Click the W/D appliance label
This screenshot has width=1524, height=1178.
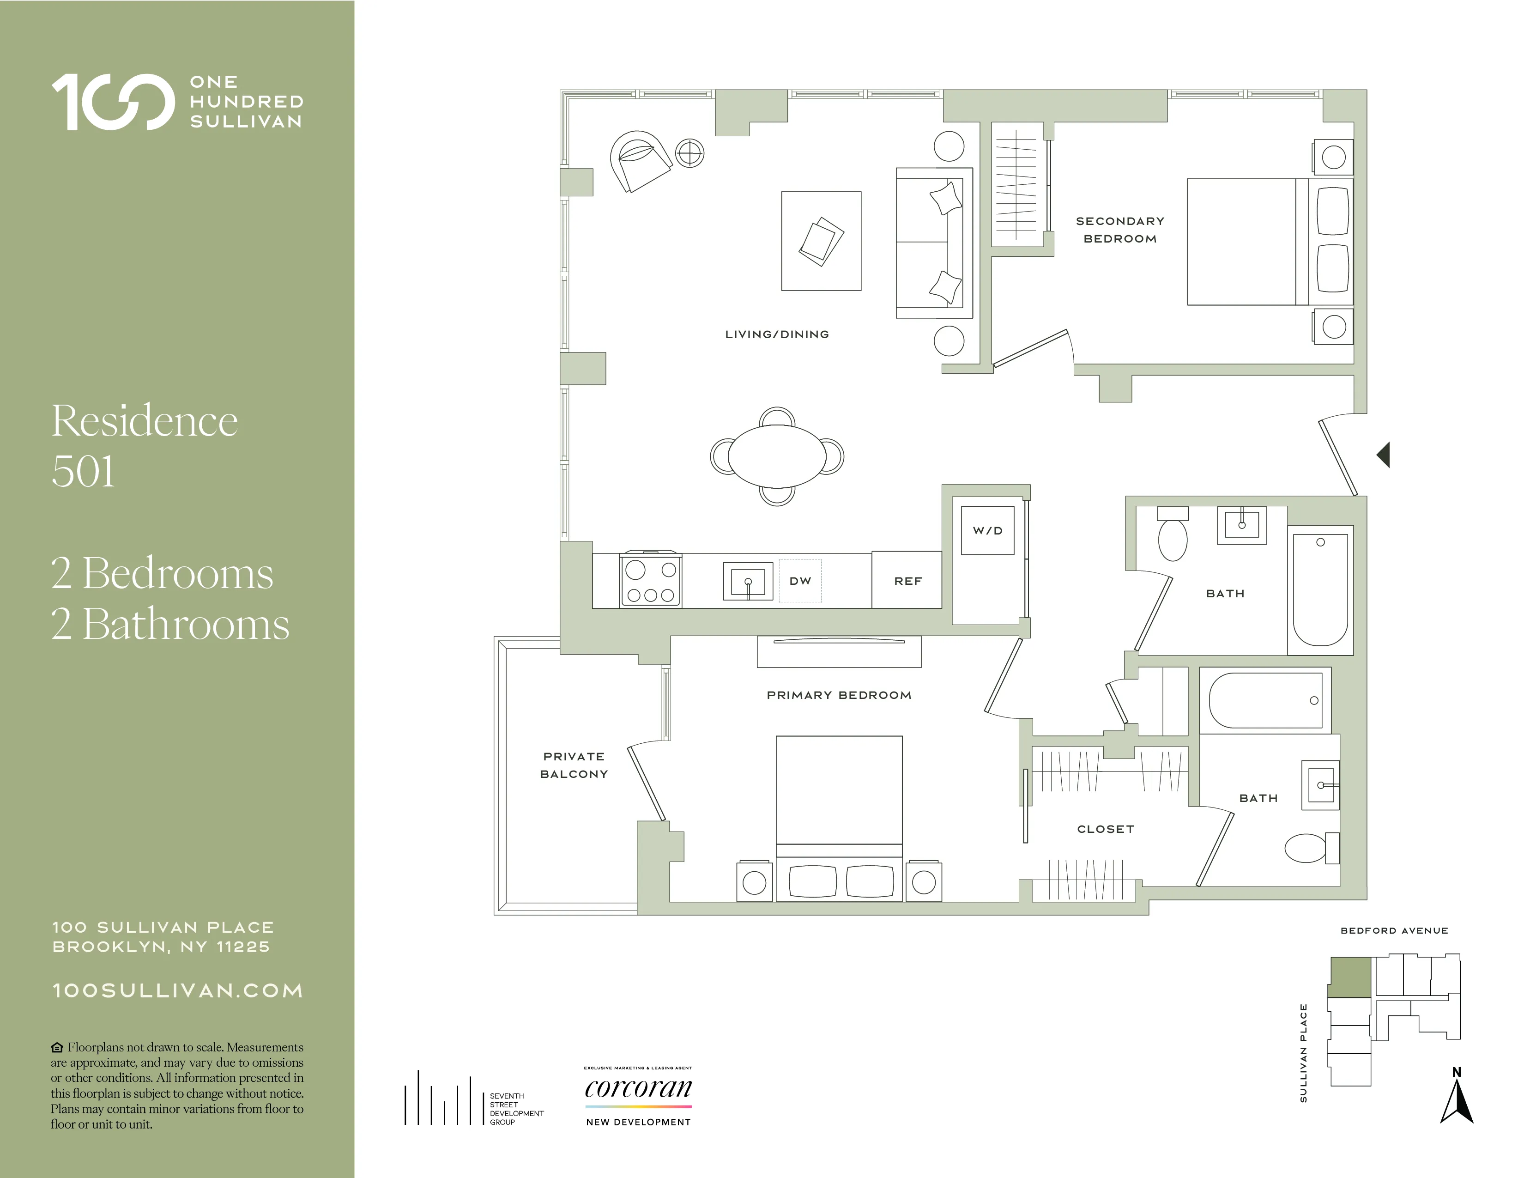(x=987, y=530)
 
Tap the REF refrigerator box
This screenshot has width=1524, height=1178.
(x=907, y=581)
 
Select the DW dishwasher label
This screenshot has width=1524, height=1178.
(x=800, y=581)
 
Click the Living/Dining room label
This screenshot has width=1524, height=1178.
(x=777, y=334)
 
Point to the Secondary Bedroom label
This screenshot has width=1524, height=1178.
(x=1119, y=230)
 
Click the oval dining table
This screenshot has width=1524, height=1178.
(x=777, y=456)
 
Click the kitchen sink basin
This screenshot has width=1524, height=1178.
(x=747, y=581)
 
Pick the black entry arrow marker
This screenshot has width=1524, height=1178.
(x=1384, y=455)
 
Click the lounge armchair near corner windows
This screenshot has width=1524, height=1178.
(x=639, y=160)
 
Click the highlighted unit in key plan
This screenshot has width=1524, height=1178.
(x=1349, y=978)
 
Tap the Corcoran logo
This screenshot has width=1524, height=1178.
(x=638, y=1089)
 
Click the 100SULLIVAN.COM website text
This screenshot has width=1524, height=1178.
(x=178, y=991)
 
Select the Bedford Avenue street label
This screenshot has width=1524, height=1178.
(x=1393, y=930)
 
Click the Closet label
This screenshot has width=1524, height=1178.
(x=1105, y=829)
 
